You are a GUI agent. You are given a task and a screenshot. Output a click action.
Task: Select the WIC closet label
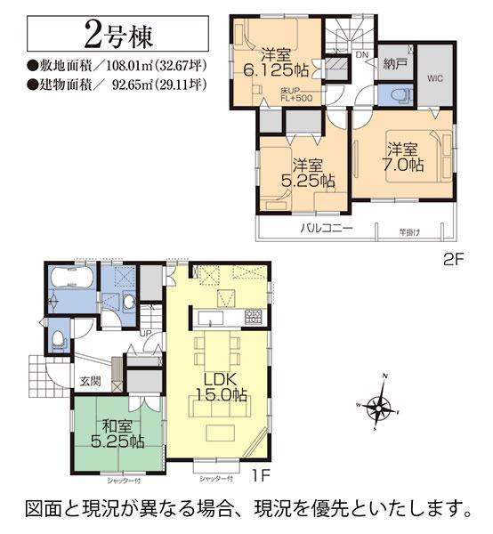tap(434, 77)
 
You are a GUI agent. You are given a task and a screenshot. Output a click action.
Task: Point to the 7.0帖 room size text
tap(404, 166)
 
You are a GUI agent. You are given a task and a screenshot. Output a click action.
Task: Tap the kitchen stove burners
tap(252, 317)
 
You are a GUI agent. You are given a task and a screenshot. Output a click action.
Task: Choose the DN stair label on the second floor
tap(361, 54)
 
